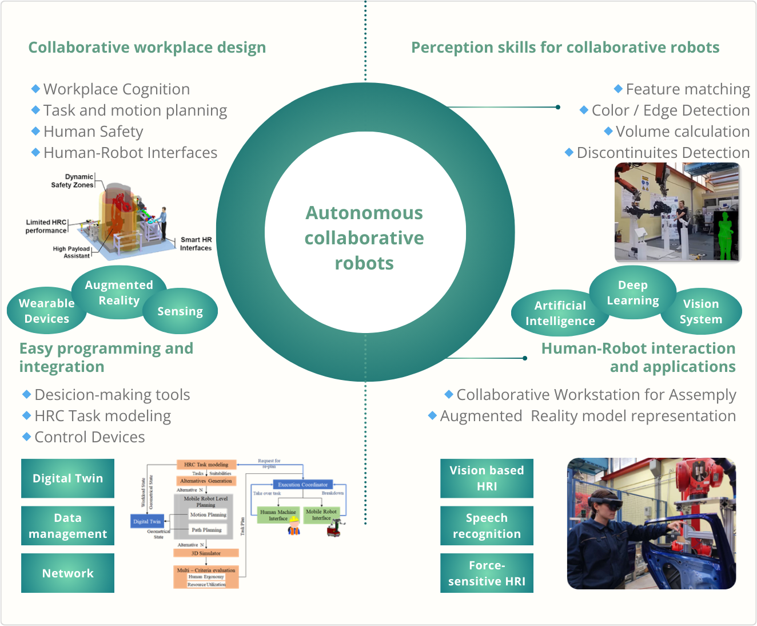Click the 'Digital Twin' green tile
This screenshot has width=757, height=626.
point(67,478)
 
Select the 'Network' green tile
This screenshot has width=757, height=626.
point(67,573)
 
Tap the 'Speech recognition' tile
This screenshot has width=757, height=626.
point(487,525)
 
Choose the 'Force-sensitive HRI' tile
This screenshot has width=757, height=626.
point(487,573)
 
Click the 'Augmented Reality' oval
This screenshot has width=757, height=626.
point(119,292)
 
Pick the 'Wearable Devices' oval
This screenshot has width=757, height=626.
point(46,311)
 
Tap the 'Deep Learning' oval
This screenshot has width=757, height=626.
point(632,292)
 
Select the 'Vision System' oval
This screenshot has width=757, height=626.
point(701,311)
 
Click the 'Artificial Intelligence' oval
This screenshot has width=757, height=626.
point(560,313)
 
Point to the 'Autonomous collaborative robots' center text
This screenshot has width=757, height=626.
point(364,238)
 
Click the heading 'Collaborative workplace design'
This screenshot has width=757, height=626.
point(147,47)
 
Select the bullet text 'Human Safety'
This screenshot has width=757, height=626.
point(93,132)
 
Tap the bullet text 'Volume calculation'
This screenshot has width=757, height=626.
point(683,132)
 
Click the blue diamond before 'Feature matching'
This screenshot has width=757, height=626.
point(618,89)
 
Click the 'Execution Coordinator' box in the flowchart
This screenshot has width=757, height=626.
point(302,485)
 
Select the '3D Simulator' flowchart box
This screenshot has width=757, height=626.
point(206,553)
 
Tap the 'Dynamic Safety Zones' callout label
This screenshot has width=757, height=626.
point(72,181)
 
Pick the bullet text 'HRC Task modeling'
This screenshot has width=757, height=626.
point(102,416)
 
